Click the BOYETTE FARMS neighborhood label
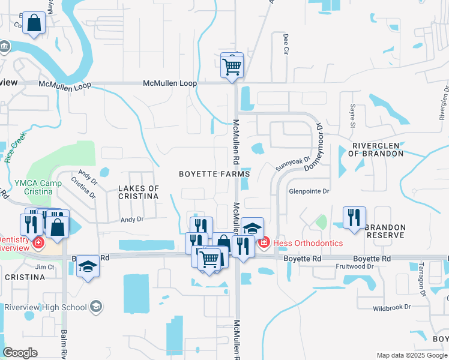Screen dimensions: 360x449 coord(214,174)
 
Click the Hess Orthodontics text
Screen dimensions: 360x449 coord(308,243)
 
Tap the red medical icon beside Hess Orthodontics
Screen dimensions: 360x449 coord(264,243)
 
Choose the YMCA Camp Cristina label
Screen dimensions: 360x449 coord(32,187)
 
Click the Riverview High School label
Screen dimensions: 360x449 coord(46,307)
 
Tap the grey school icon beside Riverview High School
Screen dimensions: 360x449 coord(95,307)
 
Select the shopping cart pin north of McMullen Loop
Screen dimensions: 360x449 coord(232,66)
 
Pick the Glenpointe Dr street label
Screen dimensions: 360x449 coord(310,191)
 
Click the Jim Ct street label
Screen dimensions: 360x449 coord(45,266)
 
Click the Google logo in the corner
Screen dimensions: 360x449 coord(20,352)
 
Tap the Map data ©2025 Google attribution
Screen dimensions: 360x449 coord(411,355)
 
